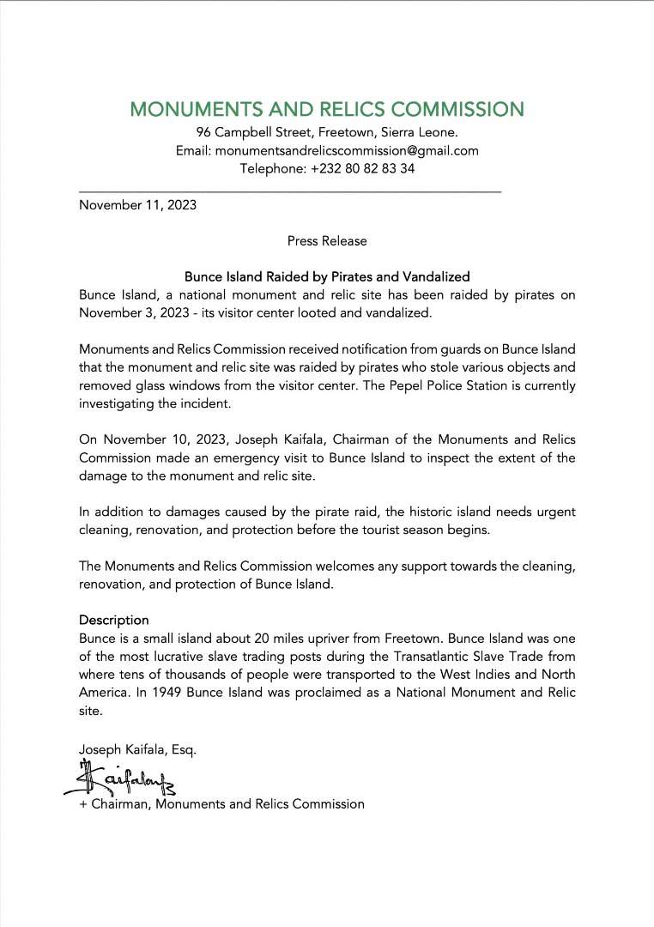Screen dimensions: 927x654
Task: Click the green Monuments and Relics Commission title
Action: [326, 110]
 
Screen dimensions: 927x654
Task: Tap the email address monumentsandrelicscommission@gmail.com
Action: [347, 150]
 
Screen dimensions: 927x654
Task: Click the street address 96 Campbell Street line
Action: [326, 132]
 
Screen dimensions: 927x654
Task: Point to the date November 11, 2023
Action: [137, 205]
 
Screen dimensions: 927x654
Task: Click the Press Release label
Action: [327, 241]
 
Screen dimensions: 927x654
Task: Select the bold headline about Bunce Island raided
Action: [327, 277]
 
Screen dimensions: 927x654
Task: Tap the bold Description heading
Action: [113, 620]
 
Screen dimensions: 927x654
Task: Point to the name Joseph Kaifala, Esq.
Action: [137, 749]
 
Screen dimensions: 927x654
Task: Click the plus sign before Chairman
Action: [83, 804]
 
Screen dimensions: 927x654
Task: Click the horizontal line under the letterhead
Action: [290, 191]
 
